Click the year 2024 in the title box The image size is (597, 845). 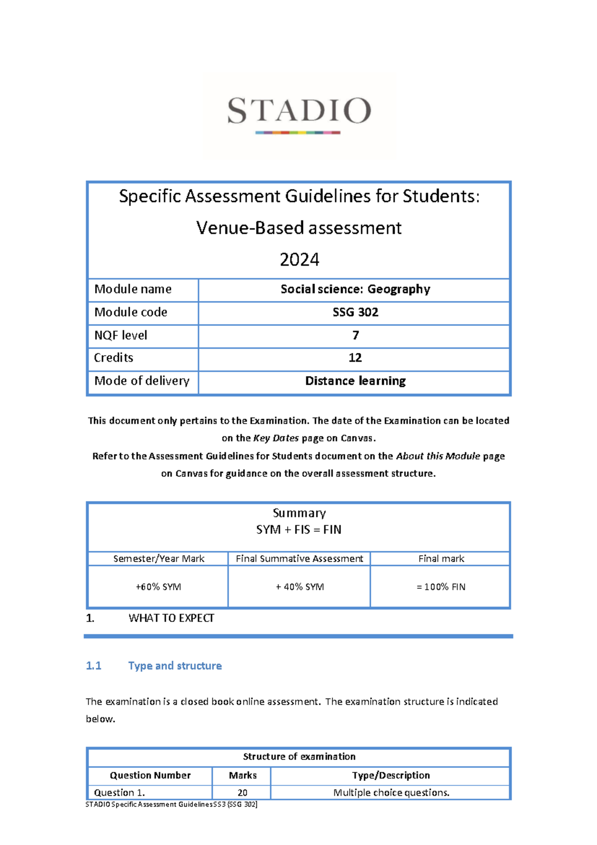tap(299, 260)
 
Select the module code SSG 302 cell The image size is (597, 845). tap(355, 313)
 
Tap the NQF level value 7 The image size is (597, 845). tap(355, 335)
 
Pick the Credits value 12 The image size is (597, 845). tap(355, 358)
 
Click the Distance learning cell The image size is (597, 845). tap(355, 381)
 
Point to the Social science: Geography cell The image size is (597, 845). tap(355, 289)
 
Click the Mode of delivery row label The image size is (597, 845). tap(142, 381)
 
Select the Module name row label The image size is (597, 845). tap(133, 289)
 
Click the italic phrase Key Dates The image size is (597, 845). tap(276, 438)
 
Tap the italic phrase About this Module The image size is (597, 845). tap(438, 456)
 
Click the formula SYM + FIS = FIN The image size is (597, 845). tap(299, 530)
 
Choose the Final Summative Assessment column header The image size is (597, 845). tap(299, 559)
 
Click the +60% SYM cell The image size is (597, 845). tap(158, 587)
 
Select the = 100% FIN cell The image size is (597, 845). tap(441, 587)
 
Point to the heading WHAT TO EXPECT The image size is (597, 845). tap(171, 618)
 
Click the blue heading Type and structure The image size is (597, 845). tap(175, 666)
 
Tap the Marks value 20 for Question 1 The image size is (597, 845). tap(242, 793)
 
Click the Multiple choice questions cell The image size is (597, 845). tap(391, 793)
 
